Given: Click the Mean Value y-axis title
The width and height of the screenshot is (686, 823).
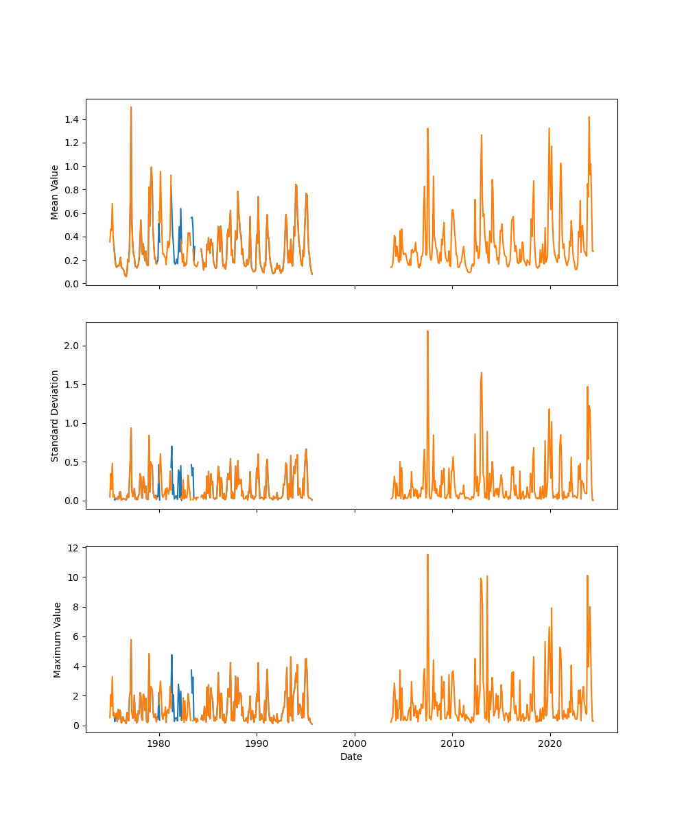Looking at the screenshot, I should click(x=55, y=192).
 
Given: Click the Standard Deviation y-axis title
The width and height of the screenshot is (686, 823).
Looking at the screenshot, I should click(x=55, y=416).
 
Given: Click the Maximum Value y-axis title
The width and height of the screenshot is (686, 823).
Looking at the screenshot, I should click(x=58, y=639).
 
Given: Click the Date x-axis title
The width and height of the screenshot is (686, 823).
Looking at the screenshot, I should click(x=351, y=756).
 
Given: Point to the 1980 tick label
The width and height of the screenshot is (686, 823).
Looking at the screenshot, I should click(x=159, y=743).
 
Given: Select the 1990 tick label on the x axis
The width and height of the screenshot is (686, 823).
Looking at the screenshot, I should click(x=257, y=743).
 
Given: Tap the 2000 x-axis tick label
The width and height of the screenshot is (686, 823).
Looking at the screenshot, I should click(x=355, y=743).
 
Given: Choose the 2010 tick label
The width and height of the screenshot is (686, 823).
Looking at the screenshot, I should click(x=452, y=743).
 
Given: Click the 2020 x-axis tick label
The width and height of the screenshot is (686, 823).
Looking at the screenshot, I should click(x=549, y=743).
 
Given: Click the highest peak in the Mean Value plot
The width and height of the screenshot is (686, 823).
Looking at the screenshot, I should click(x=131, y=107).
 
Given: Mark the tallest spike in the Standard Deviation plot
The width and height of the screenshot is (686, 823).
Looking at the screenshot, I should click(x=427, y=331).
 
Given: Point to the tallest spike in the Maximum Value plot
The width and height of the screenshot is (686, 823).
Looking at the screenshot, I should click(x=427, y=555).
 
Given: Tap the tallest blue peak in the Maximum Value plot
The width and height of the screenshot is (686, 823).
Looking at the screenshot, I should click(x=171, y=654).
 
